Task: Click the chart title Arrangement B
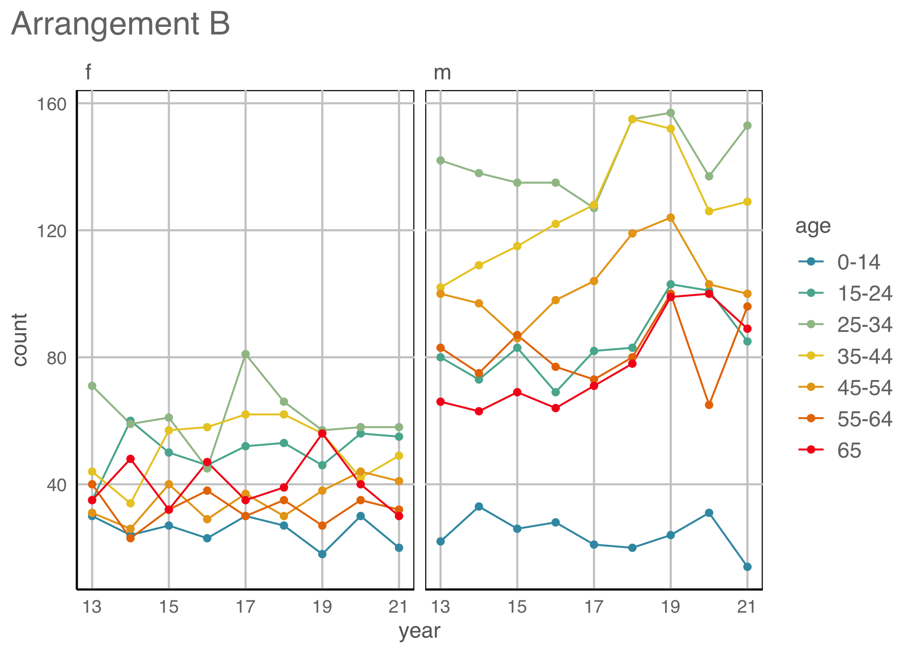121,24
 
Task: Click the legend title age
813,226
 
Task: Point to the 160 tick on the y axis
51,104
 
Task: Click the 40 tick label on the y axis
56,485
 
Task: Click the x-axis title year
419,631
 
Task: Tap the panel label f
89,73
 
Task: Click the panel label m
442,73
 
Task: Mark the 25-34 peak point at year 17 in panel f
246,354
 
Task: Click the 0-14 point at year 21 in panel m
748,567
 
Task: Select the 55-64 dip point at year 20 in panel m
709,405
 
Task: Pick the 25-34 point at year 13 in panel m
440,161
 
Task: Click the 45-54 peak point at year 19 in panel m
670,218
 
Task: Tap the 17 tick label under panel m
594,606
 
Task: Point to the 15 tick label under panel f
169,606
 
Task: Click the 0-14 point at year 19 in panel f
322,554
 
